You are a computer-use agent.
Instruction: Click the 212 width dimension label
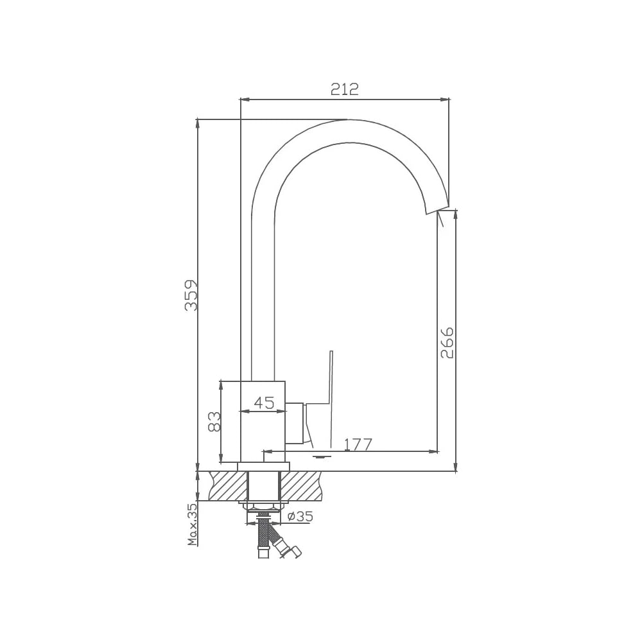(x=344, y=89)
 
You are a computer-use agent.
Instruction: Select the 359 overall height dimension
(x=191, y=295)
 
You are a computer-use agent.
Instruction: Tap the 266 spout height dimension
(x=447, y=342)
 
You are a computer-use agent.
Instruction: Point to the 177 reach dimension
(x=358, y=444)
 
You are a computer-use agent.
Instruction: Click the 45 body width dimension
(x=264, y=403)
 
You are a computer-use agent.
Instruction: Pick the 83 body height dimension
(x=214, y=422)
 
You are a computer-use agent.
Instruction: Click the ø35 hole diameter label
(x=300, y=517)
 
